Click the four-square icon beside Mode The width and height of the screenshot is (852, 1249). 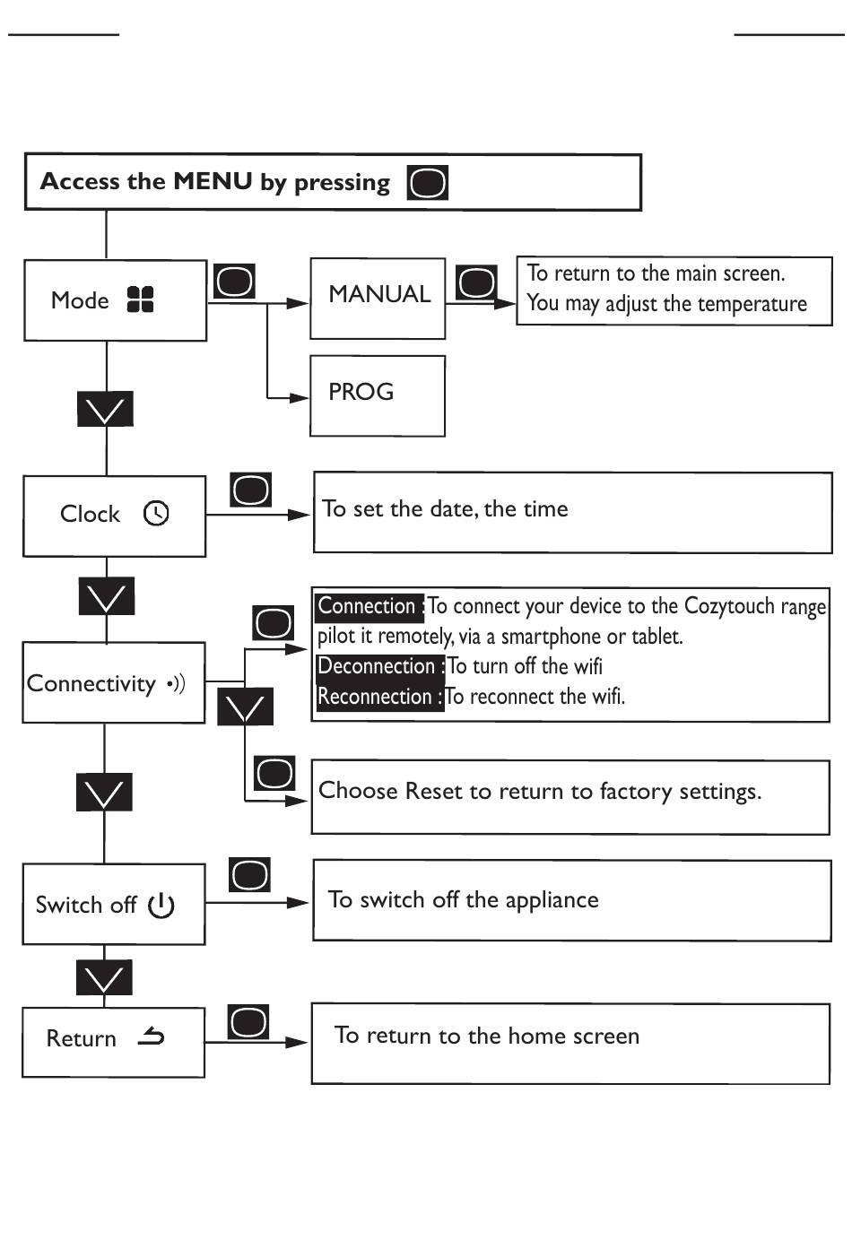click(x=141, y=299)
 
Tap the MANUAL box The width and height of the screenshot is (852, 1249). click(x=378, y=299)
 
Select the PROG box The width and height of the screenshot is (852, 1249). click(x=378, y=396)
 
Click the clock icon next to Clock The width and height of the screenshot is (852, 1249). click(x=156, y=513)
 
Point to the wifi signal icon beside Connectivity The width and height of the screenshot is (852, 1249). click(x=176, y=683)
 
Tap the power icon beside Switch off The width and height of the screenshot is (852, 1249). click(x=161, y=905)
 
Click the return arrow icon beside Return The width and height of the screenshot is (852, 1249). click(x=151, y=1036)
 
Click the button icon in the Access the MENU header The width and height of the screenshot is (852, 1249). click(x=428, y=182)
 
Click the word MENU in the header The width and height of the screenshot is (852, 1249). click(x=213, y=181)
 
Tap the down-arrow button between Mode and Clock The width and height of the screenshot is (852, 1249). click(x=106, y=409)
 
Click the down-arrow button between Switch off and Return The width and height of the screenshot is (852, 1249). click(x=104, y=977)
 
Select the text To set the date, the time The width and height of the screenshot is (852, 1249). click(x=445, y=508)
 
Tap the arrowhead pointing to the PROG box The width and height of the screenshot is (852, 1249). click(x=299, y=398)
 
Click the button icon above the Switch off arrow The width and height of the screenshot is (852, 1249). click(x=250, y=875)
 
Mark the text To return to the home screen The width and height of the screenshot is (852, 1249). click(x=487, y=1036)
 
